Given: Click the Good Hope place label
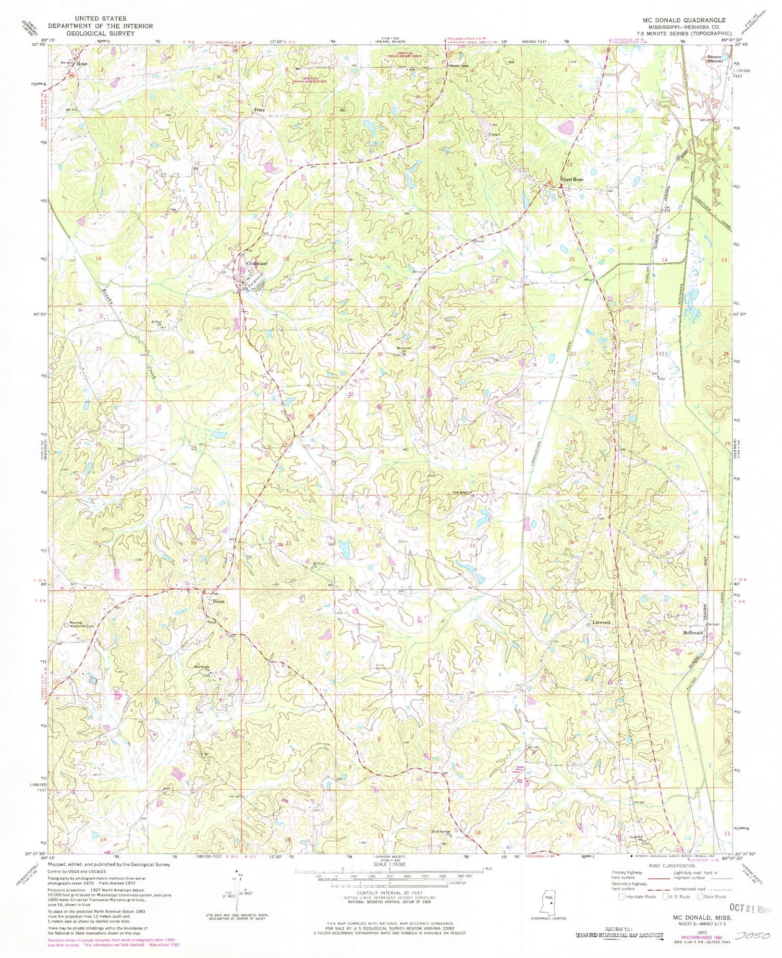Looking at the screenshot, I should (x=572, y=179).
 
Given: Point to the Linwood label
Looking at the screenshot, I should (x=601, y=623).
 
